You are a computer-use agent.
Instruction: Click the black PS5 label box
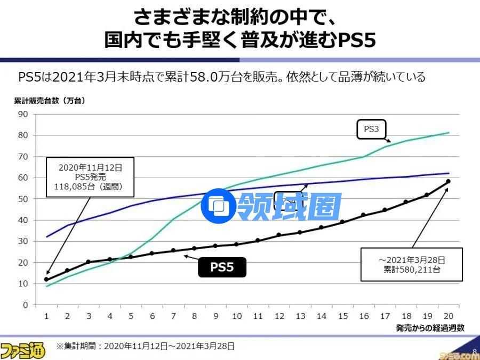[222, 267]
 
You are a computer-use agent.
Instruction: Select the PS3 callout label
[371, 129]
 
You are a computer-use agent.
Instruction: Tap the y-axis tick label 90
[23, 114]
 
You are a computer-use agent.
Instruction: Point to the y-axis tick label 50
[23, 199]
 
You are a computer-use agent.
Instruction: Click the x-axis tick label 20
[448, 316]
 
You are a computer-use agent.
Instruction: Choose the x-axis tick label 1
[46, 316]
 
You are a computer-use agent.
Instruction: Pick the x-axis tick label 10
[237, 316]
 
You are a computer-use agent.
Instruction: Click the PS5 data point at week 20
[448, 181]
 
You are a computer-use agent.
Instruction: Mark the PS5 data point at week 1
[46, 279]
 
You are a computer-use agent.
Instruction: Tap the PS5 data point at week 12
[279, 235]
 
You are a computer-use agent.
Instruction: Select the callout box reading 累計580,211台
[411, 264]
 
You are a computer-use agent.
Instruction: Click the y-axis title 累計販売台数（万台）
[49, 100]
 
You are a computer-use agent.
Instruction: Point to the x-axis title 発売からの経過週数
[430, 328]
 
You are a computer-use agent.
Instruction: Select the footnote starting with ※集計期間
[145, 346]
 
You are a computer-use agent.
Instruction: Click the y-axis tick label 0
[25, 305]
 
